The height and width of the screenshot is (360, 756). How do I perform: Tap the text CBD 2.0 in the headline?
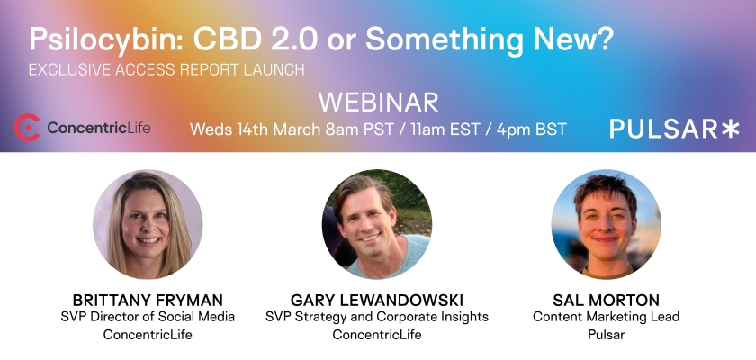click(255, 39)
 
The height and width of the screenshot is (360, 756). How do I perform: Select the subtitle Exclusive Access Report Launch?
click(166, 70)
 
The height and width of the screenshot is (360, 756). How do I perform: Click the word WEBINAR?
click(378, 103)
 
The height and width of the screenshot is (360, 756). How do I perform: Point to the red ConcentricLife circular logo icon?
click(26, 128)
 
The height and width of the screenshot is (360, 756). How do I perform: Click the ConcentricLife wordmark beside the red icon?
click(99, 128)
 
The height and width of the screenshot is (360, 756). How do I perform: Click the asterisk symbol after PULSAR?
click(730, 130)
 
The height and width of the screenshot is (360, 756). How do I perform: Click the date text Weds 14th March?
click(255, 130)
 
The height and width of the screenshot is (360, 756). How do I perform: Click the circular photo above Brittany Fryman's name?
click(148, 224)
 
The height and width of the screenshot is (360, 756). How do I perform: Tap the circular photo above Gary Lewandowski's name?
click(377, 224)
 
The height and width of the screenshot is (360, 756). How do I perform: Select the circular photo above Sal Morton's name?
click(606, 224)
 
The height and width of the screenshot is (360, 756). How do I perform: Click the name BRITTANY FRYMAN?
click(148, 301)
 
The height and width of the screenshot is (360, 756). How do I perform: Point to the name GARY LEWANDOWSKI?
click(377, 301)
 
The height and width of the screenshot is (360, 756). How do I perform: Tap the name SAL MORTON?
click(606, 301)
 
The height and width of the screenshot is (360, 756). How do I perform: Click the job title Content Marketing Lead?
click(606, 317)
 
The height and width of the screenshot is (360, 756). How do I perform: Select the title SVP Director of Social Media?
click(148, 317)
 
